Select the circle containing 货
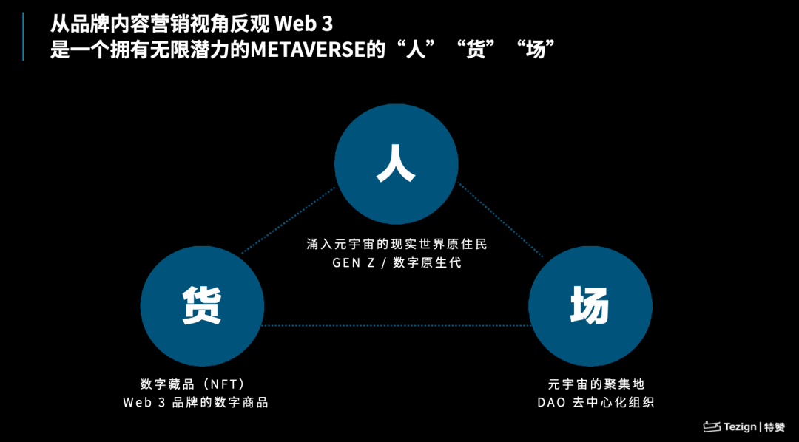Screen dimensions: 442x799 (x=202, y=306)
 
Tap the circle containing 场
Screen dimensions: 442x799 (x=590, y=306)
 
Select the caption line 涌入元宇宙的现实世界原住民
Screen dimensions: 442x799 (x=397, y=243)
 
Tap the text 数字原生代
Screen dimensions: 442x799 (x=428, y=262)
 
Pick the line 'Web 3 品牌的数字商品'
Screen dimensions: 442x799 (x=195, y=403)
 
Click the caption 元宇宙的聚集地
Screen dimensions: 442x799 (x=596, y=384)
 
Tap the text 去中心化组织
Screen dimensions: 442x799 (x=613, y=403)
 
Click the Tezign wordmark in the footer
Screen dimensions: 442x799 (x=740, y=426)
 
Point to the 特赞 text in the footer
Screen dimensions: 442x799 (x=775, y=426)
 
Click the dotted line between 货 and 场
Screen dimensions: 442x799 (x=396, y=325)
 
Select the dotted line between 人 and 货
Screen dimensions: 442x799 (x=289, y=219)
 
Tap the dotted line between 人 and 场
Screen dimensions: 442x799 (x=500, y=219)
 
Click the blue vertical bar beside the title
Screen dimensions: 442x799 (x=22, y=37)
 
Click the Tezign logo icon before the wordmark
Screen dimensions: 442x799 (x=711, y=426)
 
